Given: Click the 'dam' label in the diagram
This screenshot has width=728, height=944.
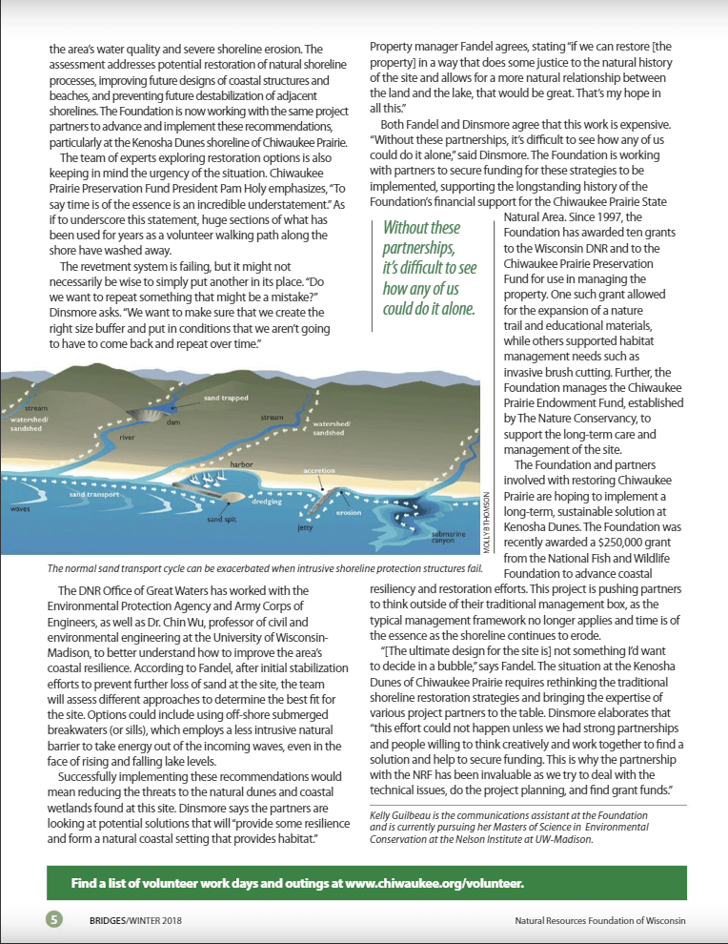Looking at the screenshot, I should coord(172,421).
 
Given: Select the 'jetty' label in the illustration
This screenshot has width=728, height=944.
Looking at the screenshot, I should coord(305,525).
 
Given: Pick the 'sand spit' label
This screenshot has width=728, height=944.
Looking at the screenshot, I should coord(223,519).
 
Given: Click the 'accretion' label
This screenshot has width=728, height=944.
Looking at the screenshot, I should coord(319,471).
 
